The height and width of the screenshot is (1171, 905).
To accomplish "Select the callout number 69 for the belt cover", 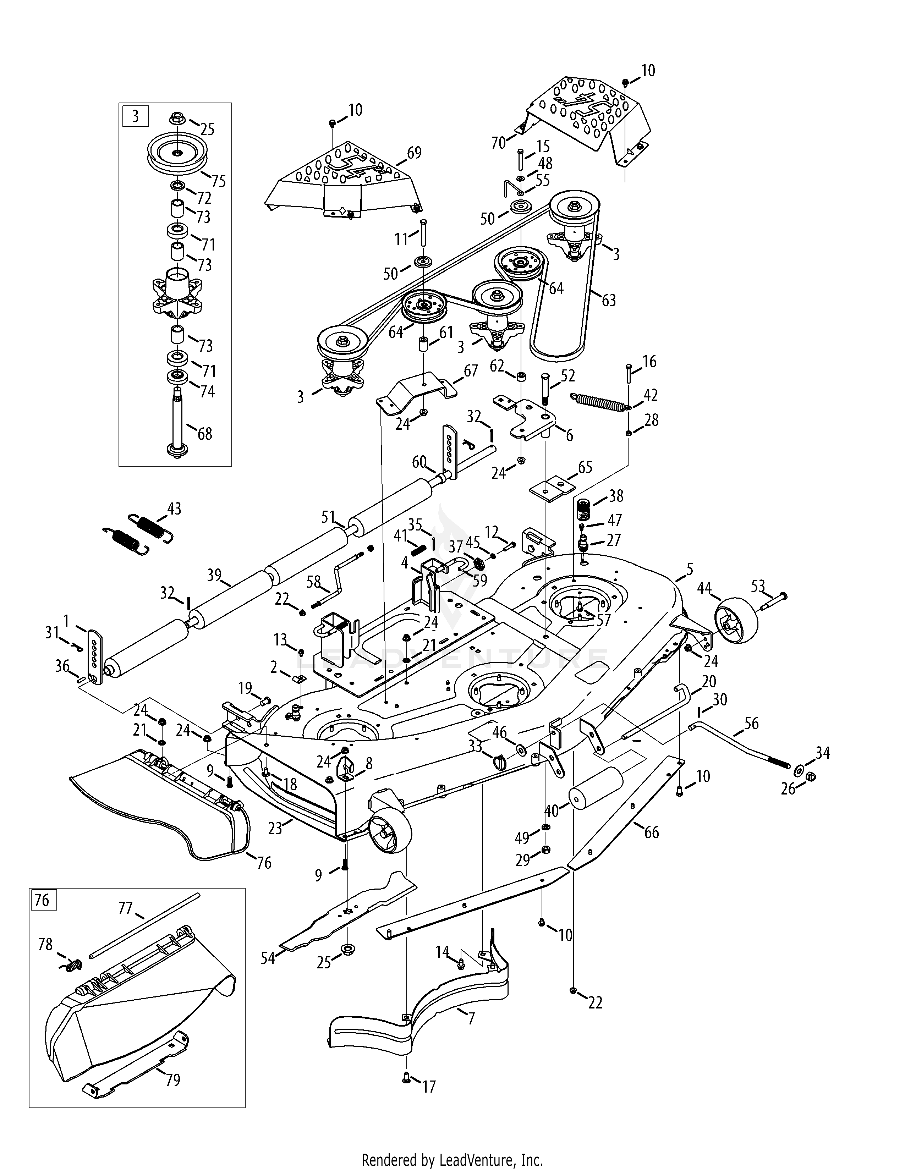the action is tap(414, 153).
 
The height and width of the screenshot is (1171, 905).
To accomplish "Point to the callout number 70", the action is tap(499, 143).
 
